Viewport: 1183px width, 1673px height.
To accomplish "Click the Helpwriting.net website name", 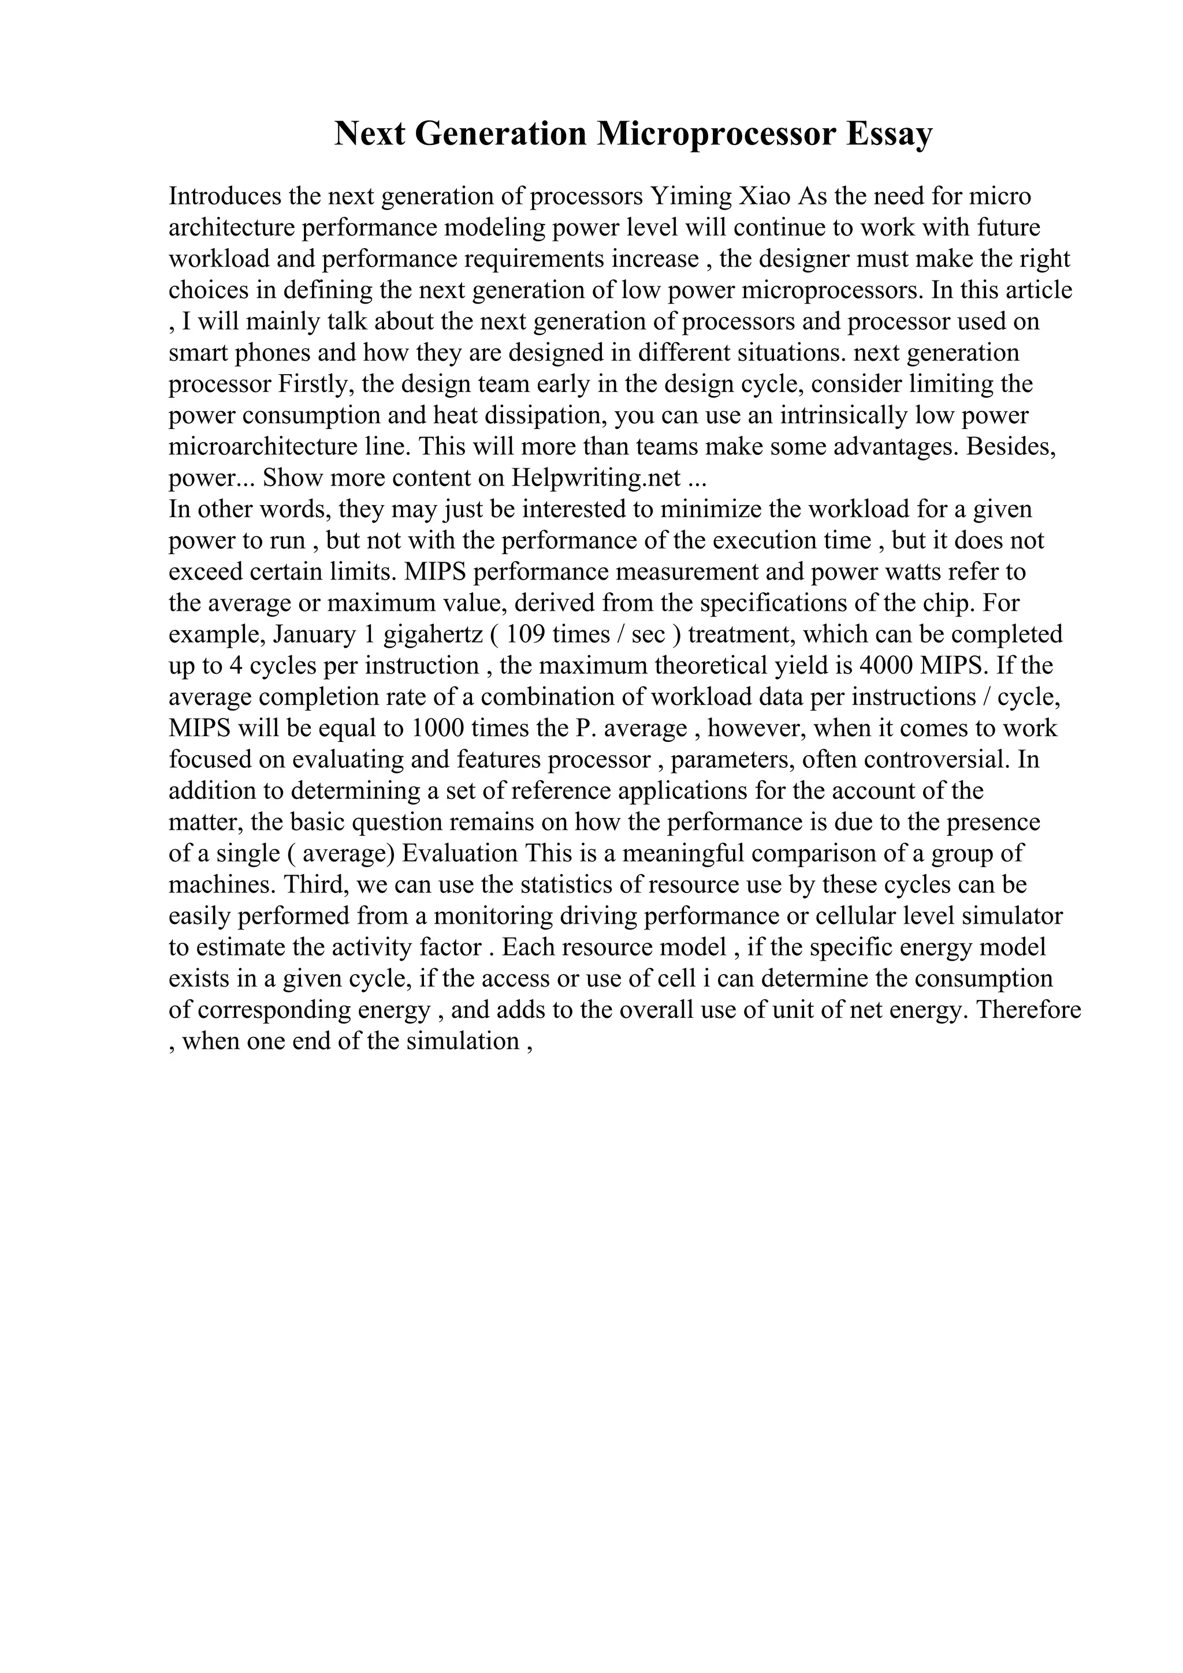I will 596,478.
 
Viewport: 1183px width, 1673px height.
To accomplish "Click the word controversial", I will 936,760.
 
